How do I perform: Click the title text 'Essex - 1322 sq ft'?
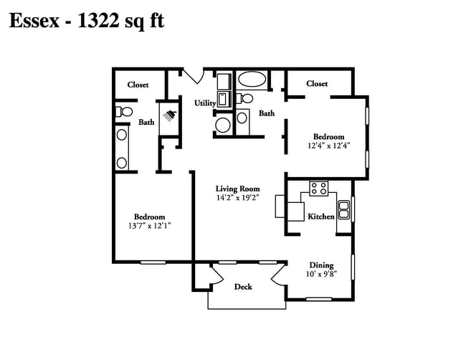pyautogui.click(x=86, y=21)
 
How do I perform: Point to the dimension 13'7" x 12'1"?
pyautogui.click(x=150, y=226)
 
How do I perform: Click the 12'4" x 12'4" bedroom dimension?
pyautogui.click(x=328, y=146)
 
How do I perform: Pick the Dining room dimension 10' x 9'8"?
pyautogui.click(x=322, y=273)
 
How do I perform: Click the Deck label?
pyautogui.click(x=243, y=287)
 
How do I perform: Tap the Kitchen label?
pyautogui.click(x=320, y=216)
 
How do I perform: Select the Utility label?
pyautogui.click(x=205, y=103)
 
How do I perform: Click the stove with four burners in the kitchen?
pyautogui.click(x=319, y=189)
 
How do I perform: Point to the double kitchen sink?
pyautogui.click(x=343, y=209)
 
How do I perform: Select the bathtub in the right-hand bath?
pyautogui.click(x=250, y=79)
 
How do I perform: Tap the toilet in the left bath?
pyautogui.click(x=123, y=112)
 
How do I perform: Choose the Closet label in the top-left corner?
pyautogui.click(x=138, y=85)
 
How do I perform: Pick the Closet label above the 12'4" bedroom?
pyautogui.click(x=316, y=84)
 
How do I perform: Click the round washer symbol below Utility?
pyautogui.click(x=223, y=125)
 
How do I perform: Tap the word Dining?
pyautogui.click(x=322, y=265)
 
